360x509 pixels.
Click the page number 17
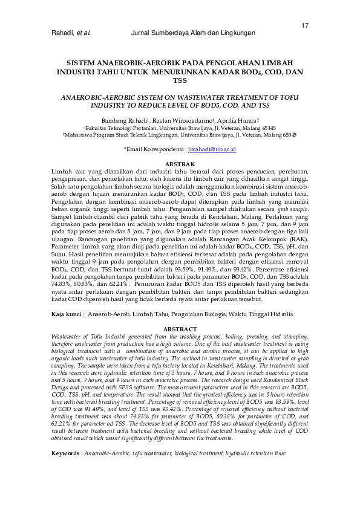(x=305, y=25)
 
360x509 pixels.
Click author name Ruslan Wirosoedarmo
(x=191, y=120)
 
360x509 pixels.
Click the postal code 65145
(x=266, y=128)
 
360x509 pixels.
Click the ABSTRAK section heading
(x=180, y=165)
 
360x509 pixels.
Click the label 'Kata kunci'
(x=66, y=315)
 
